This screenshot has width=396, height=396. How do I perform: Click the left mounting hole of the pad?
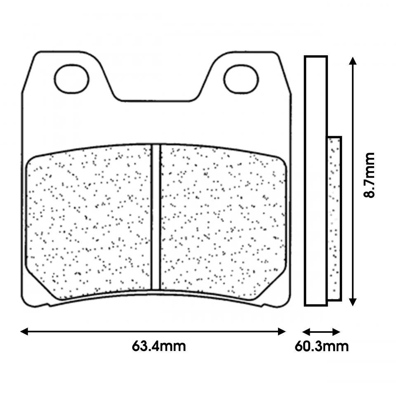pos(72,78)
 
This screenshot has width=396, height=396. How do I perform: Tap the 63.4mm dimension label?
pos(159,346)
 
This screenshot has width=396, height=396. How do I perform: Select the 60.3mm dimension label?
pos(322,346)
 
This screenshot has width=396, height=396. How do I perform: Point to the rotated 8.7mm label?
pos(369,175)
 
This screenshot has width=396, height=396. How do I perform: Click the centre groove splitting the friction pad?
pos(156,217)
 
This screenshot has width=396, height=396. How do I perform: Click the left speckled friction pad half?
pos(89,223)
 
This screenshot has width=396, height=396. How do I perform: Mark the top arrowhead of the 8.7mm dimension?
pos(352,61)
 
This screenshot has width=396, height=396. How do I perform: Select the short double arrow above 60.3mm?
pos(321,332)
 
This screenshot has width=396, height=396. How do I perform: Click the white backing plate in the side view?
pos(316,181)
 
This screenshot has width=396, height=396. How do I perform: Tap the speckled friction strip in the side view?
pos(334,219)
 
